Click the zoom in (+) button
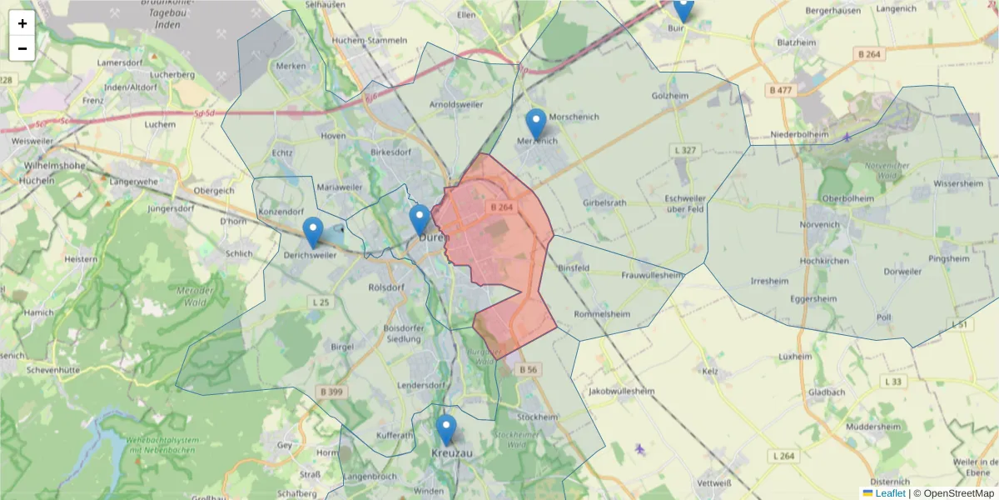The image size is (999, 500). (x=22, y=23)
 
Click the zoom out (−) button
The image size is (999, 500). (x=22, y=48)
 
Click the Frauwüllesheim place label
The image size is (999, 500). (x=653, y=275)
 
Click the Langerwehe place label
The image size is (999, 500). (x=133, y=181)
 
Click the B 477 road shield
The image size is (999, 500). (x=782, y=89)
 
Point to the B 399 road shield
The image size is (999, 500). (x=330, y=392)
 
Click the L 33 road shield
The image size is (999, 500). (x=893, y=382)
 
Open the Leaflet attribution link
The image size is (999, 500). (x=890, y=493)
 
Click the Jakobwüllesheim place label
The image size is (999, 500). (x=622, y=390)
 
